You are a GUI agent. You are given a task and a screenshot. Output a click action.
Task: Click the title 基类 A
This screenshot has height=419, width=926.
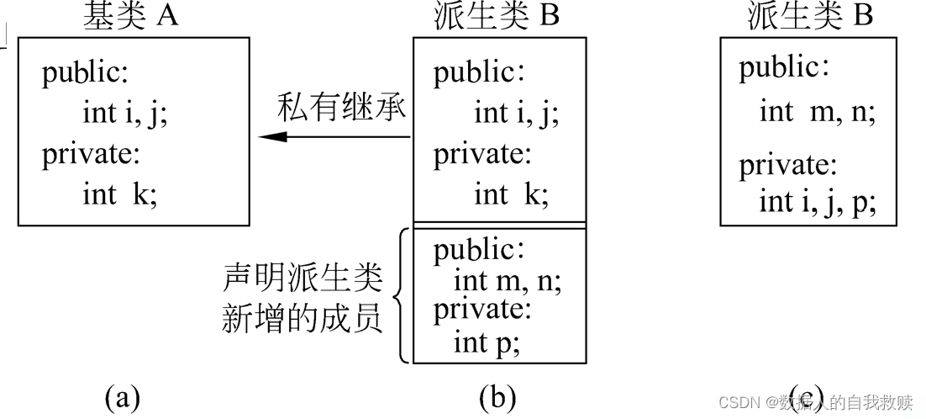[x=131, y=17]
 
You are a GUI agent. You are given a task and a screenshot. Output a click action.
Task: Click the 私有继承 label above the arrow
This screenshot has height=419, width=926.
[x=342, y=109]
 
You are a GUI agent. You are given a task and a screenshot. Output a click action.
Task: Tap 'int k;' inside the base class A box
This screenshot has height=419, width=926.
[x=119, y=195]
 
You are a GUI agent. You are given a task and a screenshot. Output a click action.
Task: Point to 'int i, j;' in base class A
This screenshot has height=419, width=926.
[x=125, y=113]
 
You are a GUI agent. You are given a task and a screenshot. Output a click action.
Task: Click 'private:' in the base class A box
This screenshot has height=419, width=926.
[x=91, y=155]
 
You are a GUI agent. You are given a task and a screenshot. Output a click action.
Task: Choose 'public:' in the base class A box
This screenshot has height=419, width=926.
[x=86, y=73]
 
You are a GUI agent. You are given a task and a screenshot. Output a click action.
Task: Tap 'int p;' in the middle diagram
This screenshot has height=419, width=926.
[x=487, y=343]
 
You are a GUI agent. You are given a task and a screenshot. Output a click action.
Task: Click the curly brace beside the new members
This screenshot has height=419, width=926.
[x=402, y=295]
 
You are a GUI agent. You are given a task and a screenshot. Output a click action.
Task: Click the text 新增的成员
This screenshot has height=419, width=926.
[x=303, y=319]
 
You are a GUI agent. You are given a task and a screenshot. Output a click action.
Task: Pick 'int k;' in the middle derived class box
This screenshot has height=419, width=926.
[x=511, y=195]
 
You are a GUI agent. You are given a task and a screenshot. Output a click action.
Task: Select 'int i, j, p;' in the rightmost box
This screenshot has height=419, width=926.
[x=817, y=203]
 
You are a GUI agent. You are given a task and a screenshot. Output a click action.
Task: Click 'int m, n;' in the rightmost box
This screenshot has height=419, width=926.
[x=817, y=112]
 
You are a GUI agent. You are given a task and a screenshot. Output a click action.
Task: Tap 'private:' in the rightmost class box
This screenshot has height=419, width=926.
[x=787, y=165]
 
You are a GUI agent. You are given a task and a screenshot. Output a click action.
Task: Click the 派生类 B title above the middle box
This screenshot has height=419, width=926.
[x=497, y=17]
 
